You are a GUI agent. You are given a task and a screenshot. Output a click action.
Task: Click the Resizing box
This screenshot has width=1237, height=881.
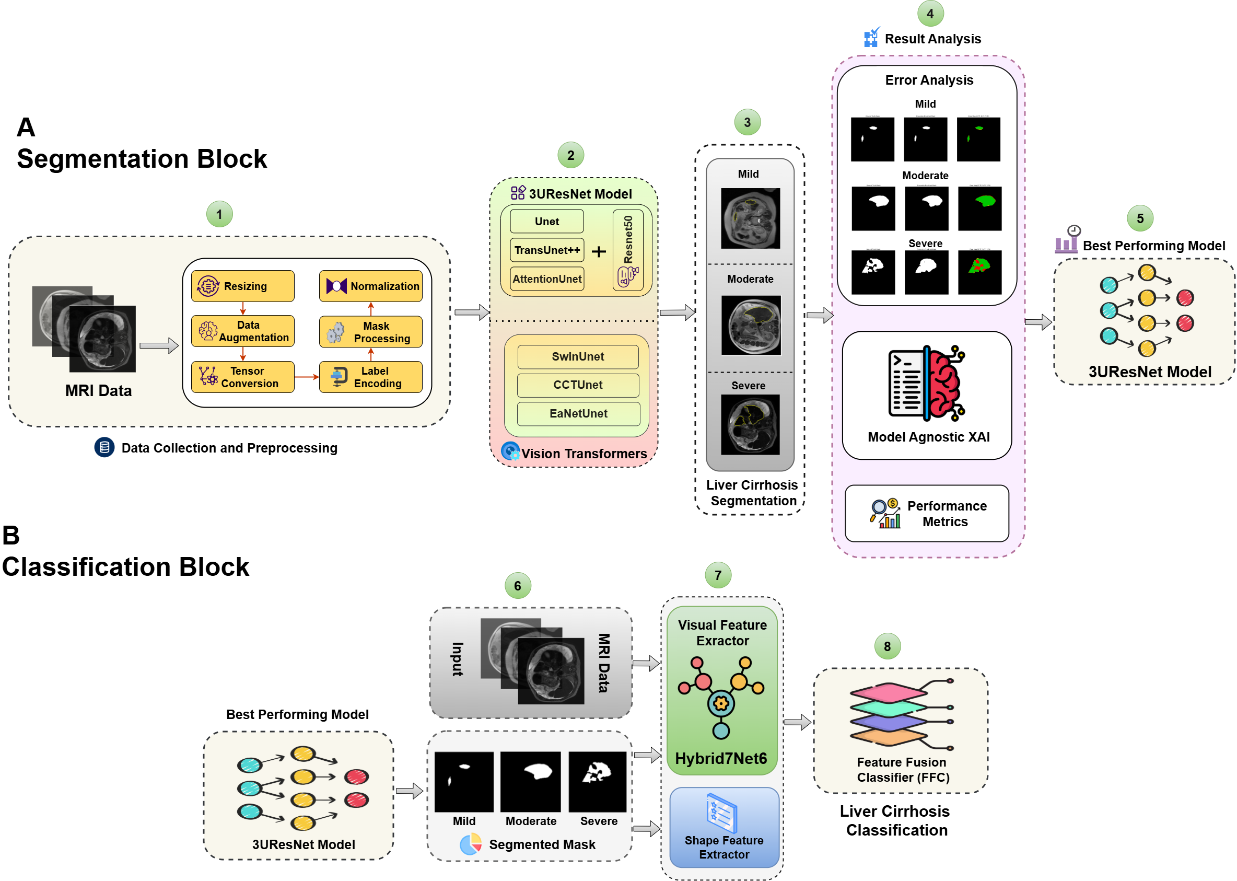click(x=242, y=286)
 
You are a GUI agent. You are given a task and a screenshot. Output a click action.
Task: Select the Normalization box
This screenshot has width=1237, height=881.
click(x=370, y=286)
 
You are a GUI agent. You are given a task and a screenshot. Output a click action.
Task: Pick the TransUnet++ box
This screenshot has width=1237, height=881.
click(x=546, y=250)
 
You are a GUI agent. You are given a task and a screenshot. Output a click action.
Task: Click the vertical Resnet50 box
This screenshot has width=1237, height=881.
click(x=627, y=251)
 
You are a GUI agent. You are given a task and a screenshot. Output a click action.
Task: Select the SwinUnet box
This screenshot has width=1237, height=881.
click(x=578, y=356)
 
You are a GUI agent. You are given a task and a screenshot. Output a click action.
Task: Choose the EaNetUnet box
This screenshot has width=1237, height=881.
click(x=578, y=413)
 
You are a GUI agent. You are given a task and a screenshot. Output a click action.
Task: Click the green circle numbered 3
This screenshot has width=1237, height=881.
click(x=747, y=123)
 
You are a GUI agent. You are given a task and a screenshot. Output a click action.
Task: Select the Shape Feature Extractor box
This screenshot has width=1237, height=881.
click(x=723, y=827)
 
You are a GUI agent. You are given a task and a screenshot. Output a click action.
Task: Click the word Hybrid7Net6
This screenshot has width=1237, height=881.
click(x=721, y=758)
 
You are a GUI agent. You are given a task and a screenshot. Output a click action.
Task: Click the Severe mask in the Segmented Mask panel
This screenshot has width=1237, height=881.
click(x=597, y=781)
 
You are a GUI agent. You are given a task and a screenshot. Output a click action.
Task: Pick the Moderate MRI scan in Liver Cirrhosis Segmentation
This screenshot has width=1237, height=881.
click(x=751, y=325)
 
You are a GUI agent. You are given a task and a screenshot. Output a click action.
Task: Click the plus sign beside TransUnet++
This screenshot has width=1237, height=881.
click(x=598, y=251)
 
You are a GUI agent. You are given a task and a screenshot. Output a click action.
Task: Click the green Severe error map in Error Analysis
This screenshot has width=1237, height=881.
click(x=979, y=272)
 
